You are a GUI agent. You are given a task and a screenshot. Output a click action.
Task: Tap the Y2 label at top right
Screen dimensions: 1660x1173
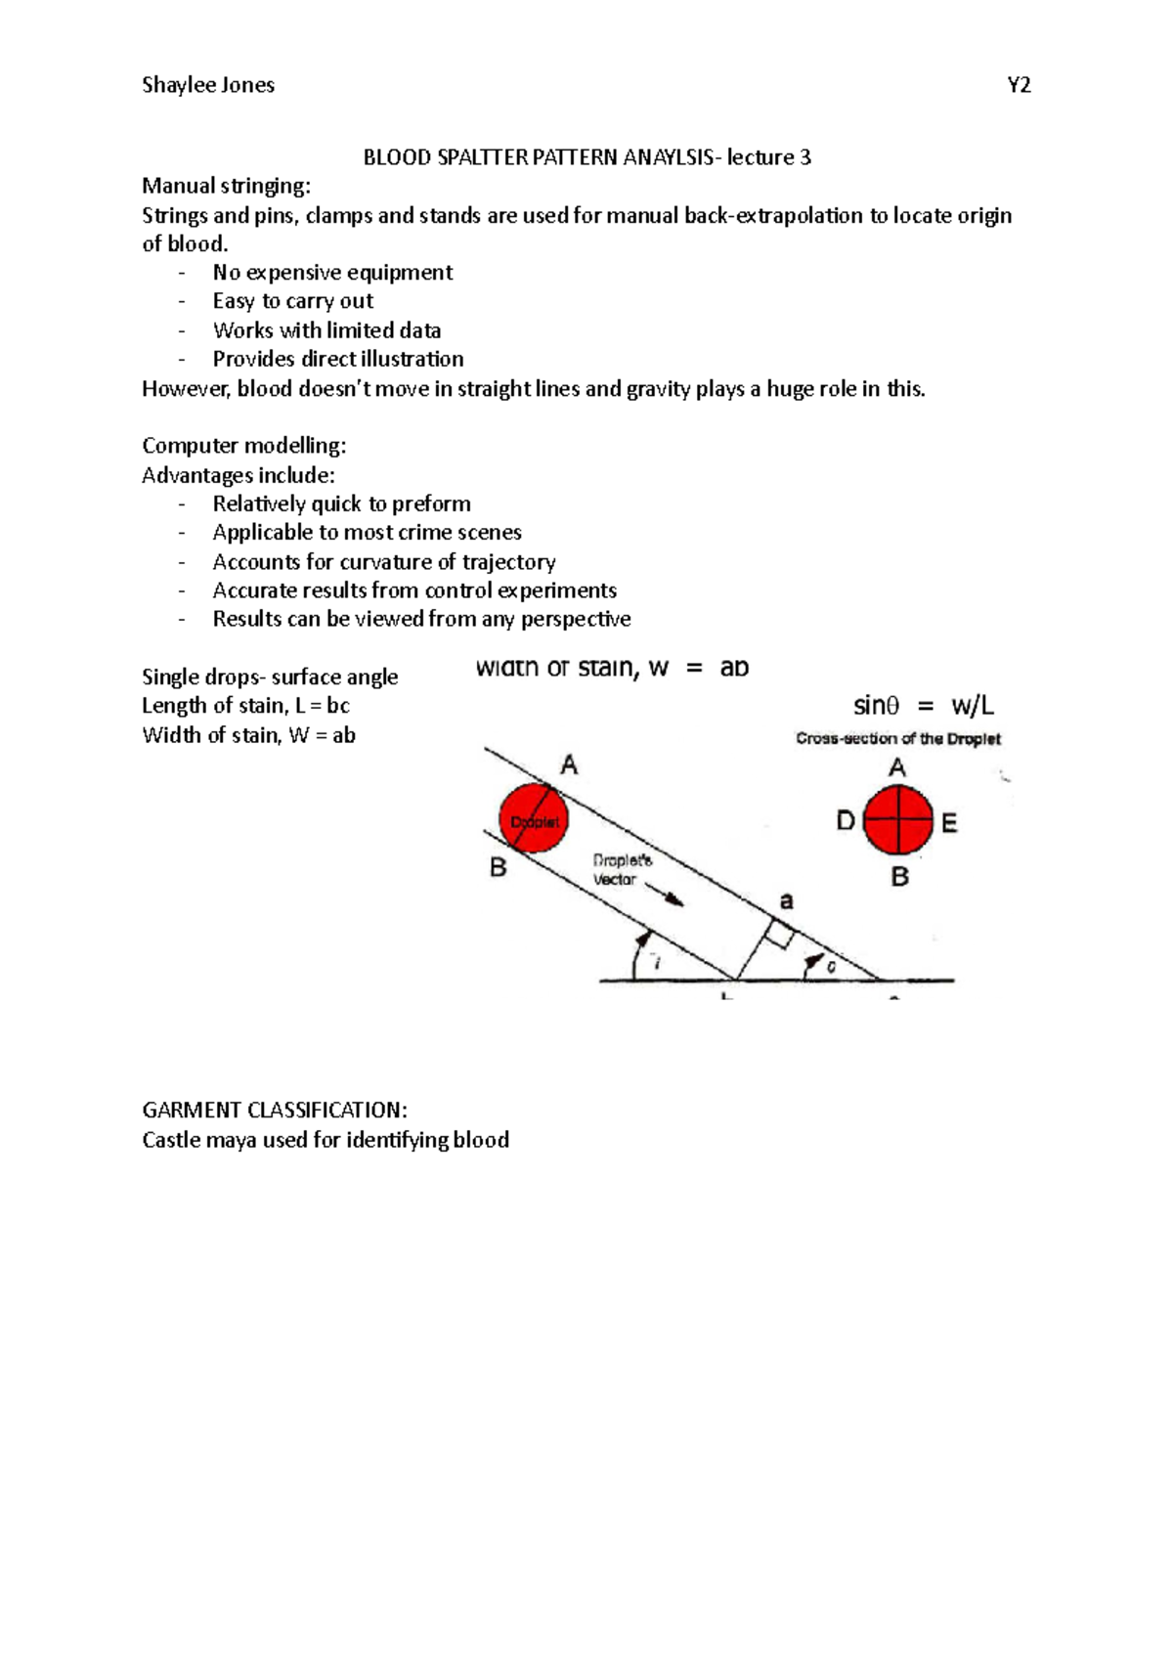[x=1019, y=85]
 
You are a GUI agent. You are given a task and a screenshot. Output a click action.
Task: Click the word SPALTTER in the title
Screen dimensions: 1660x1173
[x=483, y=157]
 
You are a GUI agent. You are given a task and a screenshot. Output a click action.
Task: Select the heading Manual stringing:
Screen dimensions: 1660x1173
[x=226, y=186]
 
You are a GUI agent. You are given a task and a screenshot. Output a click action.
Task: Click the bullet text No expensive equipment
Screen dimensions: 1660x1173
[x=332, y=273]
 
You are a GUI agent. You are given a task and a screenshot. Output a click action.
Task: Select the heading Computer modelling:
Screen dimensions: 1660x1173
[x=243, y=446]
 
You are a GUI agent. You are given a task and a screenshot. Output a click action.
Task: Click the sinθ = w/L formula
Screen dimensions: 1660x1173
[x=923, y=706]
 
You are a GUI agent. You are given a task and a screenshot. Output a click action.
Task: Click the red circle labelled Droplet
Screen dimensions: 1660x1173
[x=533, y=817]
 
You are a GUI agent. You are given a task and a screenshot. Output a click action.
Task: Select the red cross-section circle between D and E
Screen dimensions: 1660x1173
[x=898, y=819]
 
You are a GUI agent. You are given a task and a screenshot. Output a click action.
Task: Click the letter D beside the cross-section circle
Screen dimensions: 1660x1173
[x=846, y=821]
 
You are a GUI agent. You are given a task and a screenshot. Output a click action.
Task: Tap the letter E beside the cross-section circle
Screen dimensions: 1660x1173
[x=949, y=823]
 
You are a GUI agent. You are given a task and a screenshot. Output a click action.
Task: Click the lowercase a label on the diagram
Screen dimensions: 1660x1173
[x=785, y=900]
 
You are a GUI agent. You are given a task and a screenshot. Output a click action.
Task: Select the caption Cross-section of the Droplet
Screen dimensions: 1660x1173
[x=897, y=739]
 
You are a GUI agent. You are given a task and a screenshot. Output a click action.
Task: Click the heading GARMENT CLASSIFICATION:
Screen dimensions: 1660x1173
[x=275, y=1111]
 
